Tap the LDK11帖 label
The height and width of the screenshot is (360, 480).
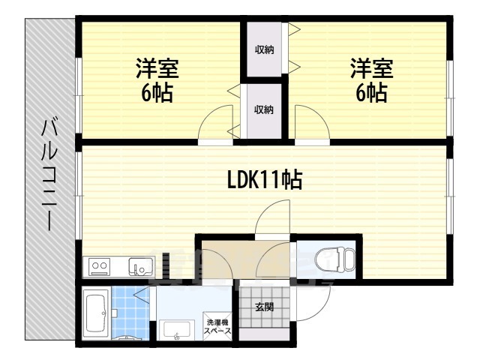coord(265,179)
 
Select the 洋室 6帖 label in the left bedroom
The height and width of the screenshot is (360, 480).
coord(157,80)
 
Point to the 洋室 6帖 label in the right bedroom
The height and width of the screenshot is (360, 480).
coord(372,80)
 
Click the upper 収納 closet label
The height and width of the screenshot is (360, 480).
coord(265,49)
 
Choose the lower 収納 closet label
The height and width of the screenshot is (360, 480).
coord(264,109)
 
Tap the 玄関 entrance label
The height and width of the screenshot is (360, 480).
coord(265,307)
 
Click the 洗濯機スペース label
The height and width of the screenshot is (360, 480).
coord(217,327)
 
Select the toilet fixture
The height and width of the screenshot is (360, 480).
coord(335,259)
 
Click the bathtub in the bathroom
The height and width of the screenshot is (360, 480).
coord(97,313)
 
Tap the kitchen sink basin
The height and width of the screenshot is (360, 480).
coord(140,267)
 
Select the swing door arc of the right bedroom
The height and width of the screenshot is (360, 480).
coord(319,115)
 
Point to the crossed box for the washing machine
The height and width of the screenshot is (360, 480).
coord(217,326)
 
